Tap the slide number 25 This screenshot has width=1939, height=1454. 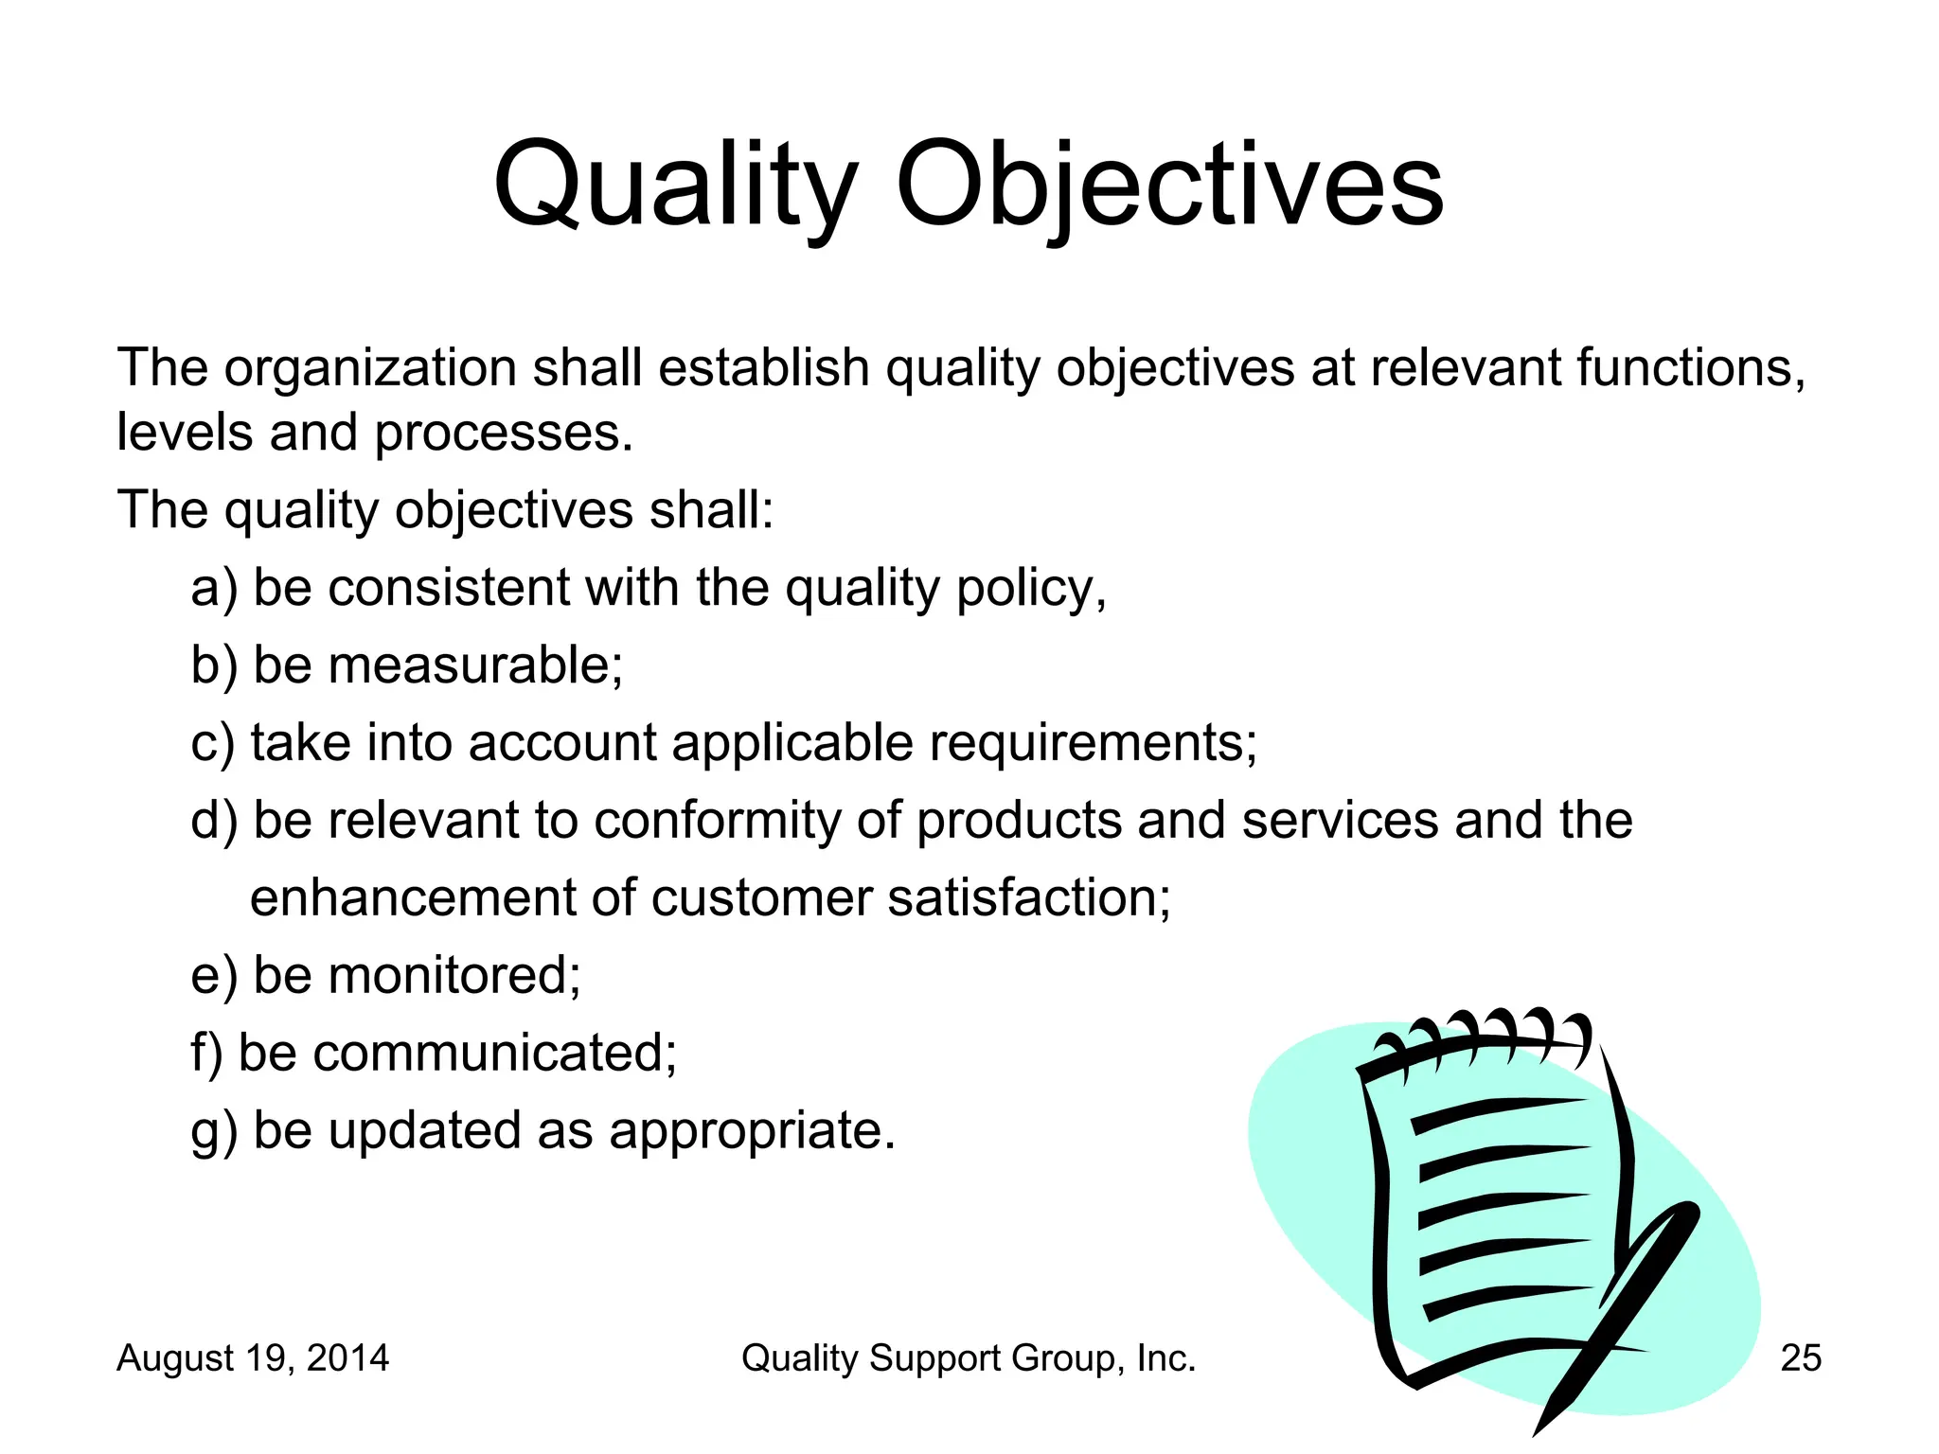(x=1801, y=1358)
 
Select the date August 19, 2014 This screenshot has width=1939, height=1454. (x=252, y=1358)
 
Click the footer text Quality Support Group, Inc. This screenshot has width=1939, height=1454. (x=968, y=1358)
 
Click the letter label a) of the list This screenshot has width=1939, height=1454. (x=215, y=589)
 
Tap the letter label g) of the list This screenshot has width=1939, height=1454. (x=215, y=1132)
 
